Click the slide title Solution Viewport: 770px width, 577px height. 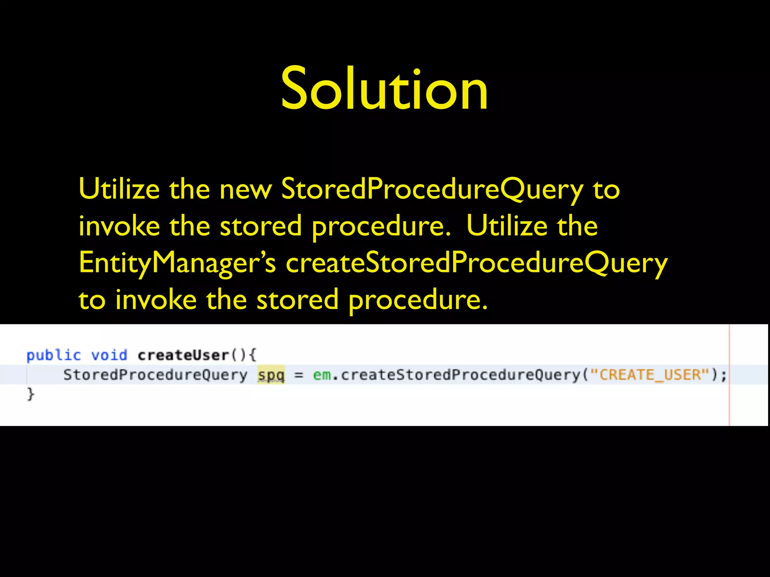tap(384, 89)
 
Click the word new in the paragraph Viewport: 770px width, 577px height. tap(245, 189)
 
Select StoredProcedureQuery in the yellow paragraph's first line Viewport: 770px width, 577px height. tap(432, 189)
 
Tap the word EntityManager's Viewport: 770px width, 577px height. tap(177, 263)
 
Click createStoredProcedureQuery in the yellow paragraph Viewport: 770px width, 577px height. tap(476, 263)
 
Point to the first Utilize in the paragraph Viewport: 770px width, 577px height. tap(119, 189)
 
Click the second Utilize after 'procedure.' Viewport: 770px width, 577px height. tap(506, 226)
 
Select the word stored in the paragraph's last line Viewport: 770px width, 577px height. tap(297, 300)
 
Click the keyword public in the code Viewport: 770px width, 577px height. tap(53, 355)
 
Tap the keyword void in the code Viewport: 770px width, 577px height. tap(109, 355)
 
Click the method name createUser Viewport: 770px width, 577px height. tap(183, 355)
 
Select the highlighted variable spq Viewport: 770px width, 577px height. tap(271, 375)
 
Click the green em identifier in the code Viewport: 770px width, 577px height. tap(322, 375)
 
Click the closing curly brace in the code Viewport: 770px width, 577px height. tap(30, 394)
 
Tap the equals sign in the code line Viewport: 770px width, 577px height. tap(299, 375)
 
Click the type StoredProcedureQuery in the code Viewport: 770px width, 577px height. tap(155, 375)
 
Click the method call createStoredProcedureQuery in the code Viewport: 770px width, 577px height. tap(461, 375)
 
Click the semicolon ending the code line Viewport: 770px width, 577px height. tap(724, 375)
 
